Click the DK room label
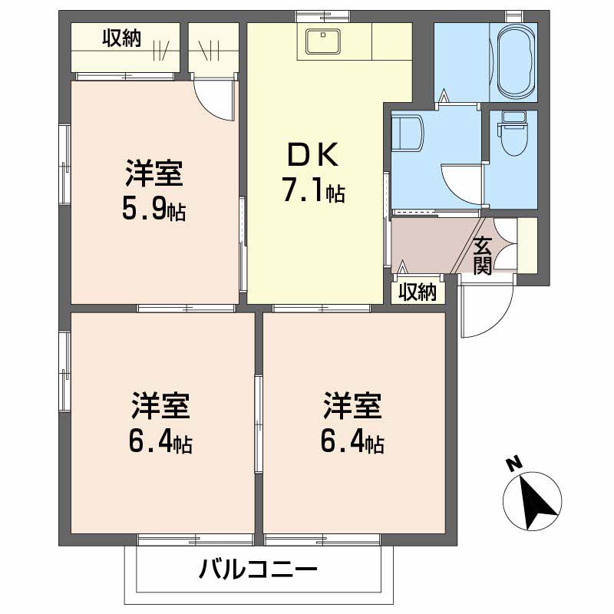(x=312, y=156)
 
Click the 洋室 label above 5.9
(x=154, y=174)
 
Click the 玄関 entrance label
(x=482, y=256)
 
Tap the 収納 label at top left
(x=122, y=38)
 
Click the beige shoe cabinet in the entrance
(x=527, y=244)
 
